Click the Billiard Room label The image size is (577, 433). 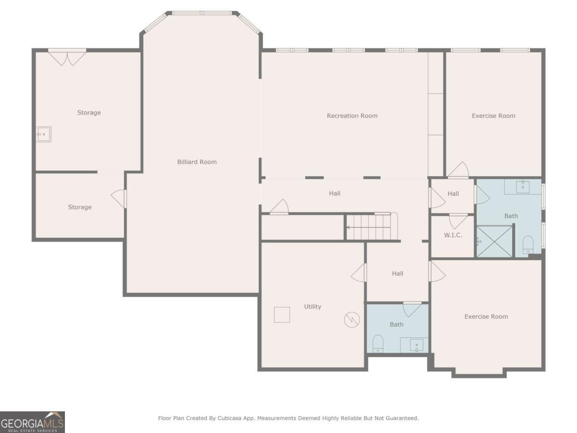pos(197,162)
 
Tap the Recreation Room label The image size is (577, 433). pos(352,115)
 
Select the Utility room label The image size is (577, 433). pos(313,306)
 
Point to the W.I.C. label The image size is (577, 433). pos(453,235)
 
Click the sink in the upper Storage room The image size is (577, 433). pos(44,134)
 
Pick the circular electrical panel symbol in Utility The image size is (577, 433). pos(351,319)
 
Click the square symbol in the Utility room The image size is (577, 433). pos(282,315)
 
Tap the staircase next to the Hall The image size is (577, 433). pos(372,226)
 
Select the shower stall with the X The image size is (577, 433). pos(495,242)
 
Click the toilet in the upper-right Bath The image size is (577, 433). pos(527,245)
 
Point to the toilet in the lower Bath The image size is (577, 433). pos(378,344)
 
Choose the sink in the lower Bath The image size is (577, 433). pos(416,345)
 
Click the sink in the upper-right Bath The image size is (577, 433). pos(523,187)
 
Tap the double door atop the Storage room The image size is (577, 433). pos(67,57)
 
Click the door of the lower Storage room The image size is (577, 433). pos(119,199)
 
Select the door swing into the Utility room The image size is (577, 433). pos(359,273)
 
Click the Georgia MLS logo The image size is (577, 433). pos(32,422)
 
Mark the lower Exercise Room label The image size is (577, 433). pos(486,317)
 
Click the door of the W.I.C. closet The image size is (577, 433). pos(458,221)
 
